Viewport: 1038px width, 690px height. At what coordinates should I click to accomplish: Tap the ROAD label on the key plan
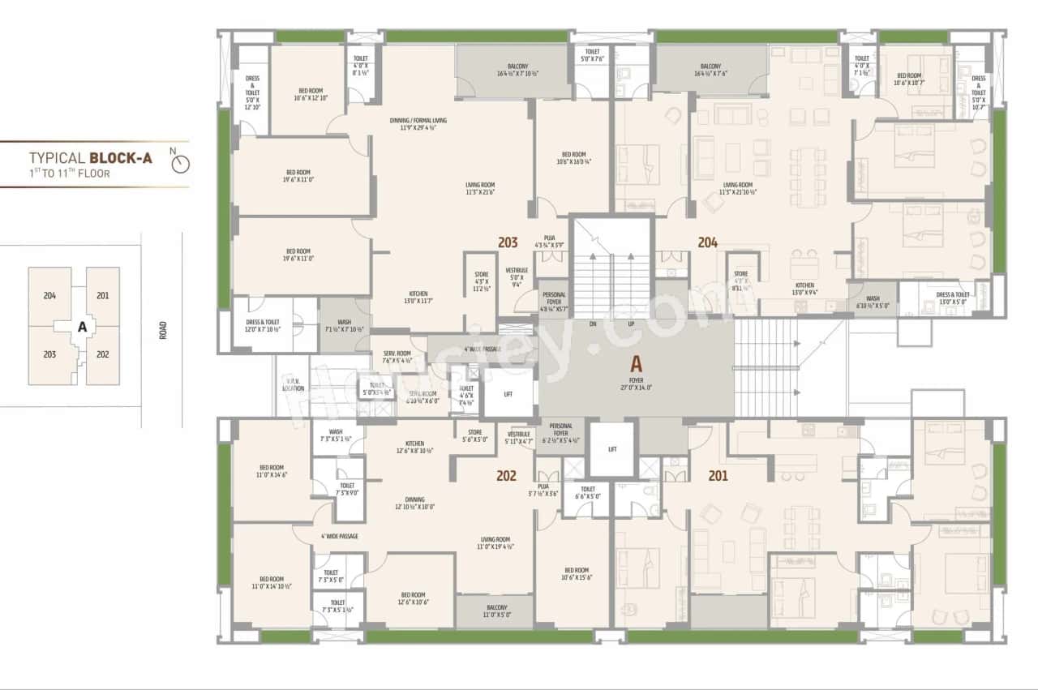click(x=162, y=329)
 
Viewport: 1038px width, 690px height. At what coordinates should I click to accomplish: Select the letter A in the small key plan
click(x=81, y=328)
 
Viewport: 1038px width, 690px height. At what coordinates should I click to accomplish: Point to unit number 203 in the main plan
click(x=508, y=242)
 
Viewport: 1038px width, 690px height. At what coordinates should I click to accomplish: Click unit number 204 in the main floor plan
click(x=707, y=242)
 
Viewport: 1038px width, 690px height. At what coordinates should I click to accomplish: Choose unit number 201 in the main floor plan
click(x=718, y=476)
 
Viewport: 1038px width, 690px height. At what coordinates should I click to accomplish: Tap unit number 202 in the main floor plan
click(x=507, y=476)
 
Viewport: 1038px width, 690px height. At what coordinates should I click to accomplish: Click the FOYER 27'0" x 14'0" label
click(x=636, y=380)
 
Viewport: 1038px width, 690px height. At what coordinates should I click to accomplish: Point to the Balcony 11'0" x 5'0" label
click(x=496, y=611)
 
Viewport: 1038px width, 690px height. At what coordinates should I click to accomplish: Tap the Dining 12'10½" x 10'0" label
click(x=414, y=503)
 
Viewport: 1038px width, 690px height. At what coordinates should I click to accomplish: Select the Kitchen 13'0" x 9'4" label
click(x=804, y=289)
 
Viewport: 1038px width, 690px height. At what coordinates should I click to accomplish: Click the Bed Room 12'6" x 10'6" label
click(x=412, y=598)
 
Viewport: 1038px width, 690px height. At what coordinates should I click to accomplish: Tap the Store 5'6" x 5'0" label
click(x=474, y=435)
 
